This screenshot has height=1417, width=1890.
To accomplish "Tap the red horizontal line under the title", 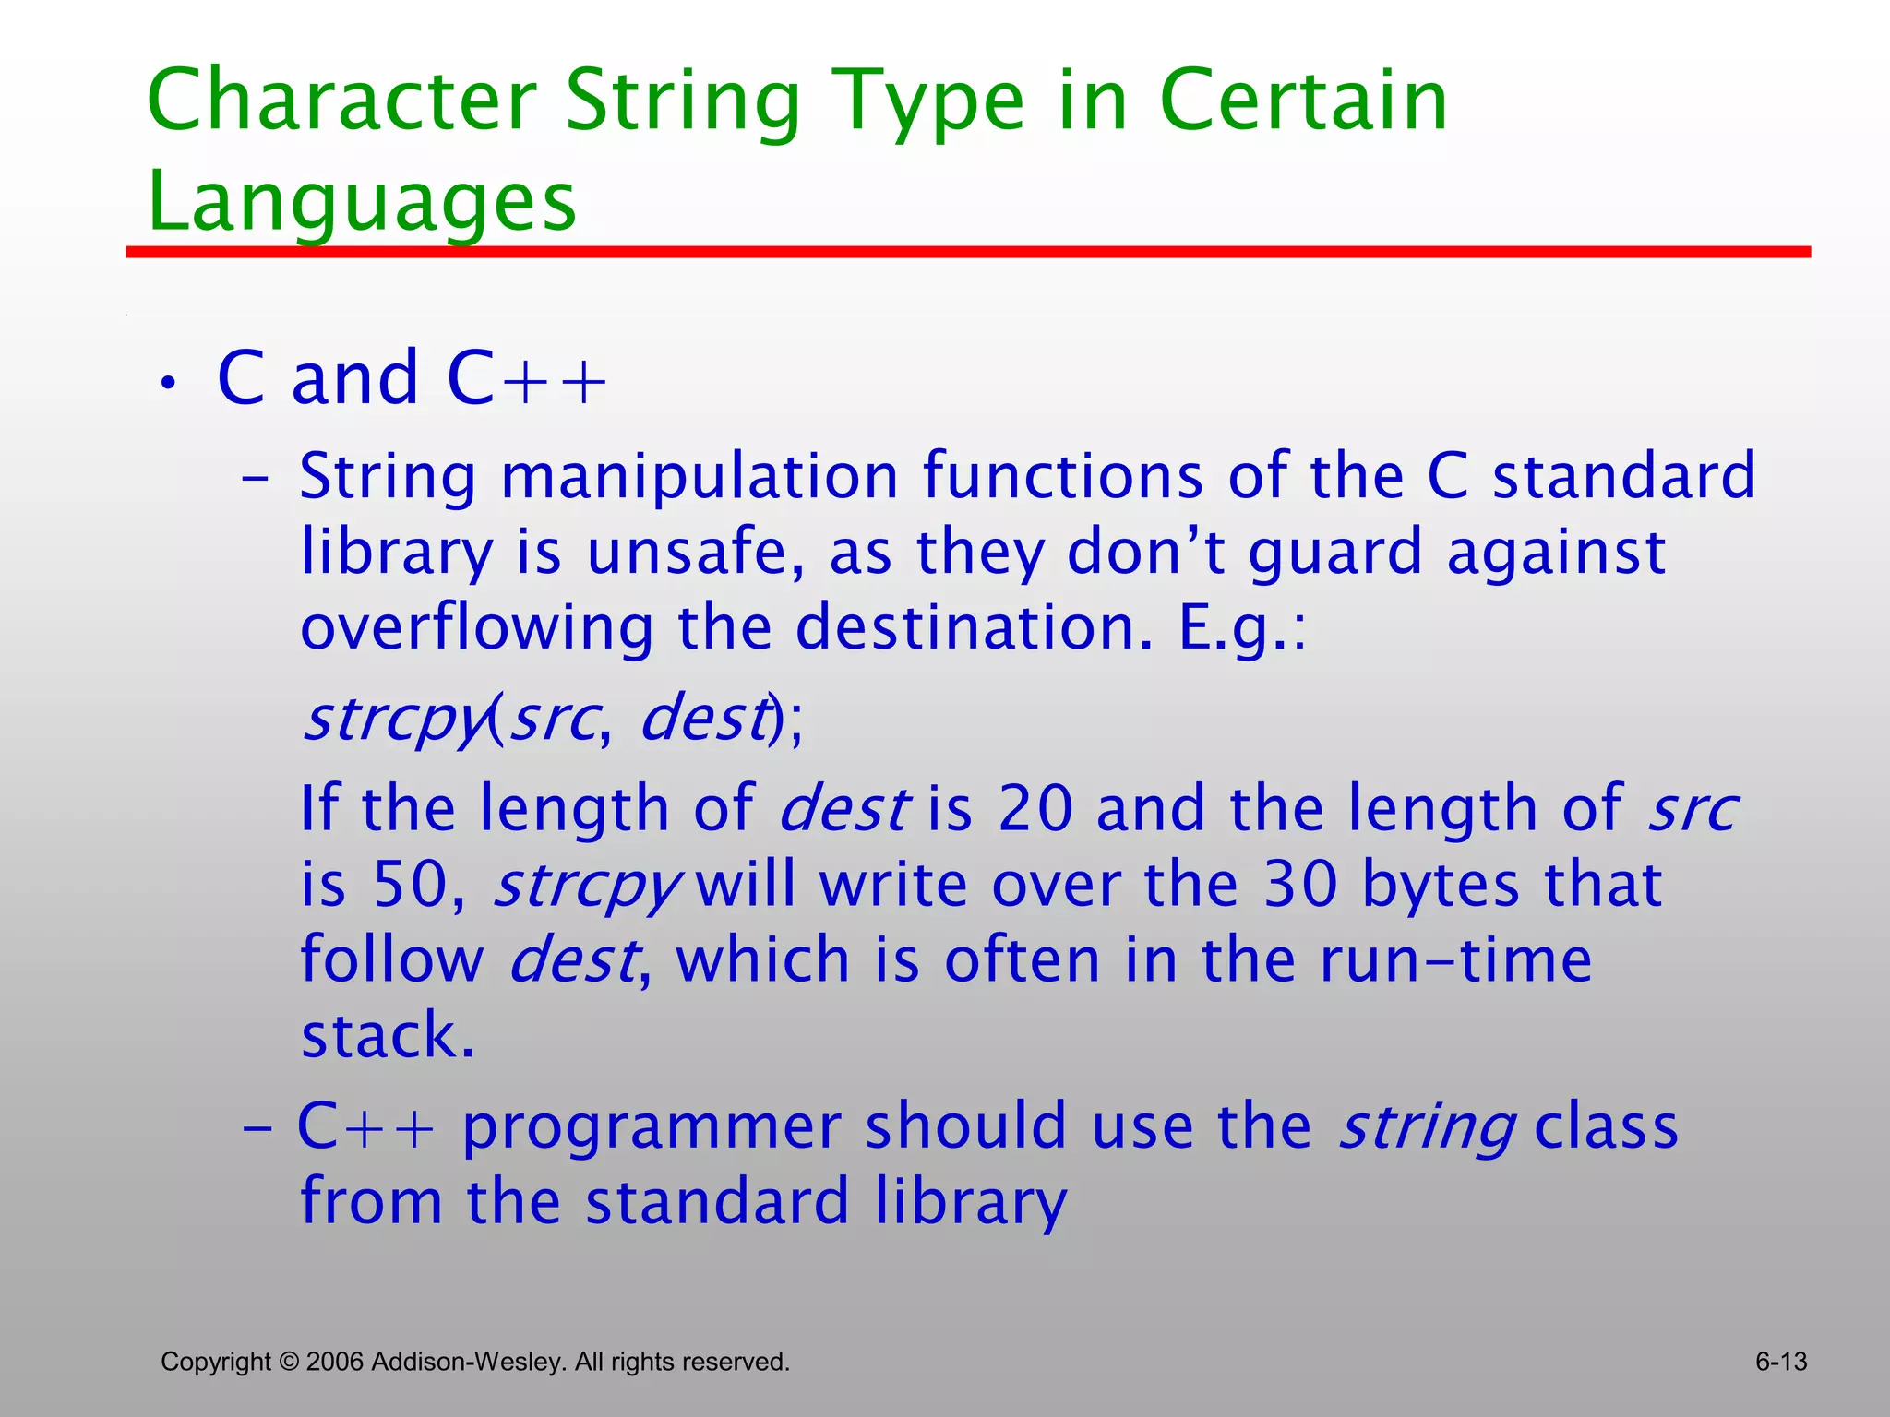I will (x=968, y=252).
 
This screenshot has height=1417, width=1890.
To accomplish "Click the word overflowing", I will (x=477, y=628).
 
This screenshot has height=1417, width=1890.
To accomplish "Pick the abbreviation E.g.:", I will (x=1242, y=630).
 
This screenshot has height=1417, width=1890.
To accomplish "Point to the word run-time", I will (x=1455, y=960).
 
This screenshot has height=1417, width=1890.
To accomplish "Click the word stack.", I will (x=387, y=1036).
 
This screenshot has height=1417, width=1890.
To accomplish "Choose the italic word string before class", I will (x=1427, y=1128).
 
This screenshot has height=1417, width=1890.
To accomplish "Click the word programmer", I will (x=652, y=1128).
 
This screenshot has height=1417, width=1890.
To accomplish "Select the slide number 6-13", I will (x=1780, y=1362).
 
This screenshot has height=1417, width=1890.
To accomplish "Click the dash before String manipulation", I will (x=255, y=479).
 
